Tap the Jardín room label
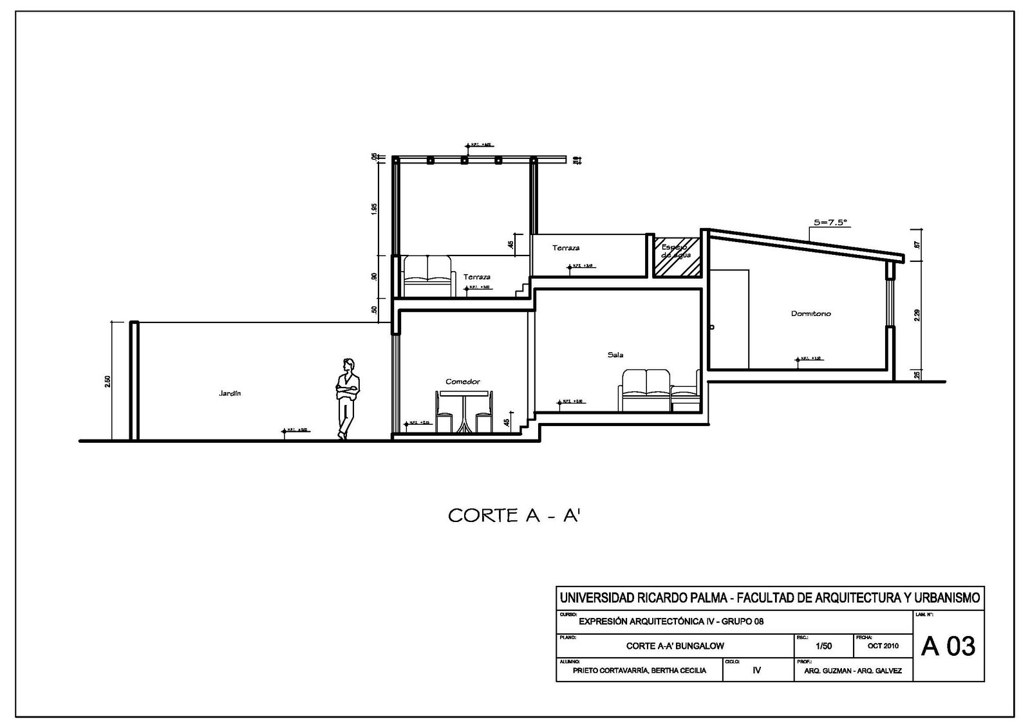(229, 393)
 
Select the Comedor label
(462, 382)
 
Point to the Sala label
(615, 355)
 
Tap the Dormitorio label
(810, 313)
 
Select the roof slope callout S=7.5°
(830, 222)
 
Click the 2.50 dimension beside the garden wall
(108, 382)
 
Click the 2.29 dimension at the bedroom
(917, 315)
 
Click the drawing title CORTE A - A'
(514, 516)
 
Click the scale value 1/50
(823, 646)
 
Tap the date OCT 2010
(883, 646)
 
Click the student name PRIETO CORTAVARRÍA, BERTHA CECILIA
(639, 671)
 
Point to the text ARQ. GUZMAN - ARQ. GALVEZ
(852, 671)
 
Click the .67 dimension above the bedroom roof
(916, 245)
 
